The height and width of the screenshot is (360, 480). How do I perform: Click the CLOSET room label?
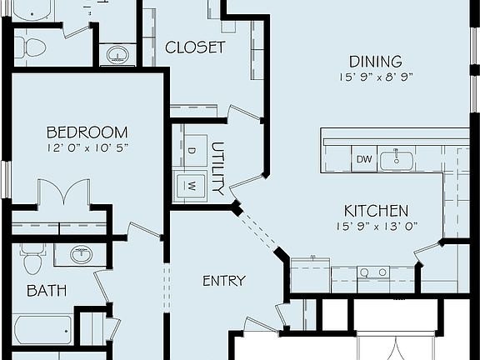coord(195,47)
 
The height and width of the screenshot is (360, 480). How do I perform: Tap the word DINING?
coord(375,61)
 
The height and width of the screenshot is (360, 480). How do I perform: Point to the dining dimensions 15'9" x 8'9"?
coord(375,77)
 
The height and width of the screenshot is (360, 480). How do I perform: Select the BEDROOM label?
coord(87,132)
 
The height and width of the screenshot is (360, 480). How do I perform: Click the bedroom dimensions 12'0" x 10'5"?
coord(87,147)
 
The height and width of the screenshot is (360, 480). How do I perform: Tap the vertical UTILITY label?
coord(218,167)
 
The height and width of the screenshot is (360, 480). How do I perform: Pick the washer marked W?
coord(191,185)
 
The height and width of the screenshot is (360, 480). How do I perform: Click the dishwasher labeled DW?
coord(364,158)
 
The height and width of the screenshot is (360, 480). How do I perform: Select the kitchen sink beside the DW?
coord(397,158)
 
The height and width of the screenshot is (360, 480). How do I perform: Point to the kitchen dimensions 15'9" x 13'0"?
coord(376,226)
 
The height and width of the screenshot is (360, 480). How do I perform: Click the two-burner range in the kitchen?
coord(372,272)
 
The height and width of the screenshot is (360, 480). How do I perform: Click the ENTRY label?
coord(224,281)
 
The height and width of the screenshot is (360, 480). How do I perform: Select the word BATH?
coord(47,291)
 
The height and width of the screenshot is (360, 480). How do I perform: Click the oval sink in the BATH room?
coord(81,255)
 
